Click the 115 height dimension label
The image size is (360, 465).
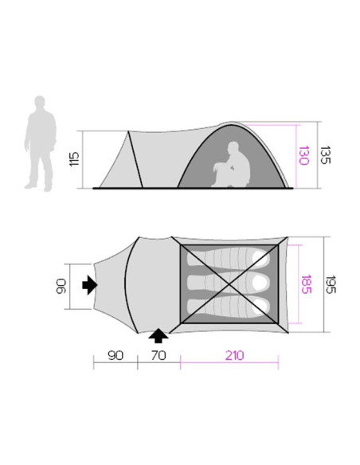[74, 159]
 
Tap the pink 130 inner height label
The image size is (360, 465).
[304, 155]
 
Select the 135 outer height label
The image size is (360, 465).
[325, 154]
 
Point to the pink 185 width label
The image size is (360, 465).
[306, 284]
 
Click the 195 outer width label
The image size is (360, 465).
[331, 284]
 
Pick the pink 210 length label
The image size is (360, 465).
[235, 355]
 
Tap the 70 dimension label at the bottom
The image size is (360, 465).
[158, 355]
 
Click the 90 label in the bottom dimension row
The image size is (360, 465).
[115, 355]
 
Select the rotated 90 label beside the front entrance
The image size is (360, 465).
[61, 286]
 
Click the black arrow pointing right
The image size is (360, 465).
[90, 285]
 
